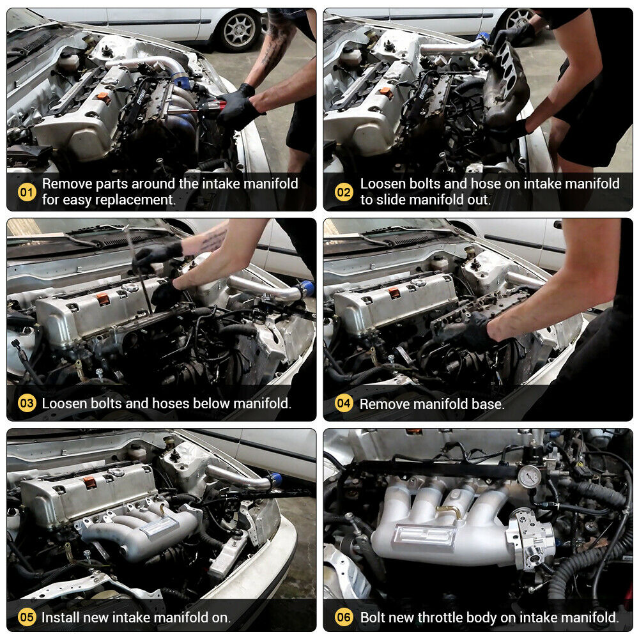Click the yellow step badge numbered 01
tap(27, 192)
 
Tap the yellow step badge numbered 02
tap(344, 192)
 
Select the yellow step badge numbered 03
tap(27, 403)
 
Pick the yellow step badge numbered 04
tap(344, 403)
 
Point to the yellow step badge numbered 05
tap(27, 617)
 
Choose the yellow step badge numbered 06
tap(344, 617)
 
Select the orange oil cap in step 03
tap(104, 298)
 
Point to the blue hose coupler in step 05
tap(276, 479)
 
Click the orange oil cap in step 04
tap(394, 292)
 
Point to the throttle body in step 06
tap(530, 539)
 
